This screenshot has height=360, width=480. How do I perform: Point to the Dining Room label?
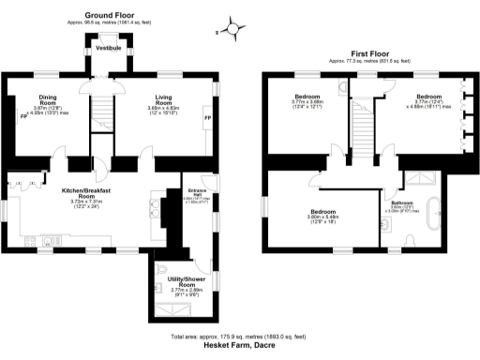[x=48, y=98]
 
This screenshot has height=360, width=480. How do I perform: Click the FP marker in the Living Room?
[x=207, y=118]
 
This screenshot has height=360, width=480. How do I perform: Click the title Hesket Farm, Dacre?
[x=240, y=344]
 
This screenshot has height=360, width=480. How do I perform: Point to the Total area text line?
[x=240, y=335]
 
